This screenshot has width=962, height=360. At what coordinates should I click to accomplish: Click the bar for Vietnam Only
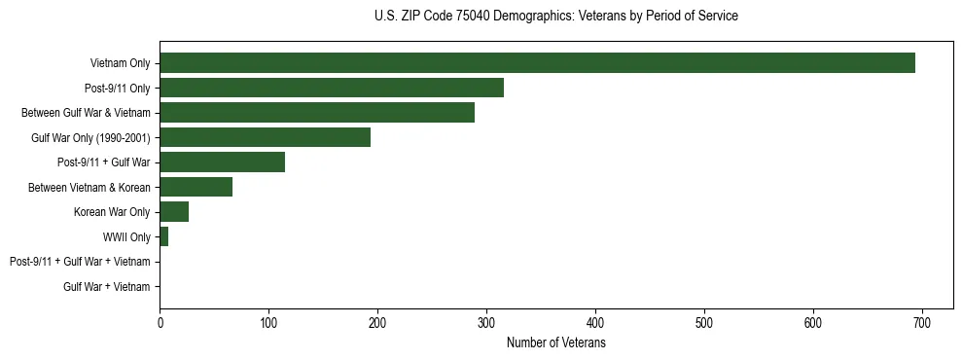(x=537, y=63)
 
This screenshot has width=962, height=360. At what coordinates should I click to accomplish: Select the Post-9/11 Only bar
(x=332, y=88)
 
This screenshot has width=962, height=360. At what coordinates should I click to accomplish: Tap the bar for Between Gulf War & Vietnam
(x=317, y=113)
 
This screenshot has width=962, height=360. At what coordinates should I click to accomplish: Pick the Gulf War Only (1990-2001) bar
(x=265, y=137)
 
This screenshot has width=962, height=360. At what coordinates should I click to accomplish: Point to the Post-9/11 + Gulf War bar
(x=222, y=162)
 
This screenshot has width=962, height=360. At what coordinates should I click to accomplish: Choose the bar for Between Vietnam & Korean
(x=196, y=187)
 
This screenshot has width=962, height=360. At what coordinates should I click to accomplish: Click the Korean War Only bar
(x=174, y=212)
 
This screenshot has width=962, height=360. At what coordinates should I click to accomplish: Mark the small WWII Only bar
(x=163, y=236)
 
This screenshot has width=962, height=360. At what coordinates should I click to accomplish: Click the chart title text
(x=555, y=17)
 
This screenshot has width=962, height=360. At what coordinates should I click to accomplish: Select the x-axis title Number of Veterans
(x=555, y=343)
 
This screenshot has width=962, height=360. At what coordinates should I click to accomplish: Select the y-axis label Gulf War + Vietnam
(x=107, y=287)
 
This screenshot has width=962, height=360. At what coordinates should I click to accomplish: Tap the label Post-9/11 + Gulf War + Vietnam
(x=80, y=262)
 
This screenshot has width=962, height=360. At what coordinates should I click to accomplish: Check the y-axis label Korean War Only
(x=112, y=212)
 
